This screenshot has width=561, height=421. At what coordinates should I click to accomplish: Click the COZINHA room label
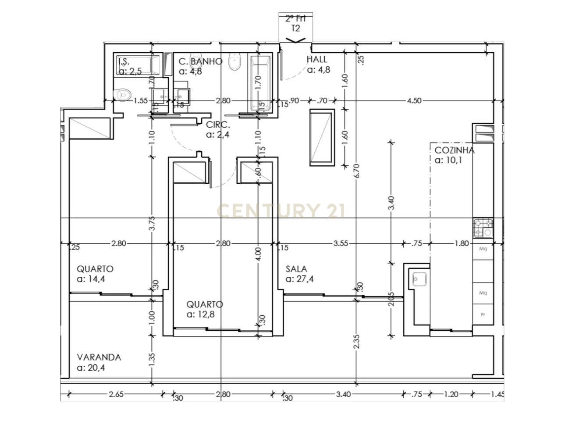pos(454,150)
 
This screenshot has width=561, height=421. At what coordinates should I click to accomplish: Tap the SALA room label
pos(296,269)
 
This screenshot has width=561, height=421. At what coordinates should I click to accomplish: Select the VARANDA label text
pos(99,357)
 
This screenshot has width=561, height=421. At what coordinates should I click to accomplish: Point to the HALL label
pos(317,59)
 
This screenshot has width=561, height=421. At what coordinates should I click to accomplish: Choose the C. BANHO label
pos(200,61)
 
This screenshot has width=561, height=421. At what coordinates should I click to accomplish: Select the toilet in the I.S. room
pos(124,94)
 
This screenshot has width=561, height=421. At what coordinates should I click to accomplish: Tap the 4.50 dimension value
pos(414,101)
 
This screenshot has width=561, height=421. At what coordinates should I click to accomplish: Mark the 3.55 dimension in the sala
pos(341,243)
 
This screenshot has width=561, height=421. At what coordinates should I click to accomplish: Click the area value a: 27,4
pos(300,279)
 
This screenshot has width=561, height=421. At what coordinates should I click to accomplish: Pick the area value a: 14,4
pos(91,279)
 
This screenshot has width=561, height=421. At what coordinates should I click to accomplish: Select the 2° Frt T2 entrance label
pos(296,23)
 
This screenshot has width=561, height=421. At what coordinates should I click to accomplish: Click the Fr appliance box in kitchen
pos(483,314)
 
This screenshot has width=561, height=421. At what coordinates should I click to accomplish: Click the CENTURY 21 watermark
pos(280,211)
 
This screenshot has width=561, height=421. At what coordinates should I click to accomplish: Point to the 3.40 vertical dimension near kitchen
pos(391,203)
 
